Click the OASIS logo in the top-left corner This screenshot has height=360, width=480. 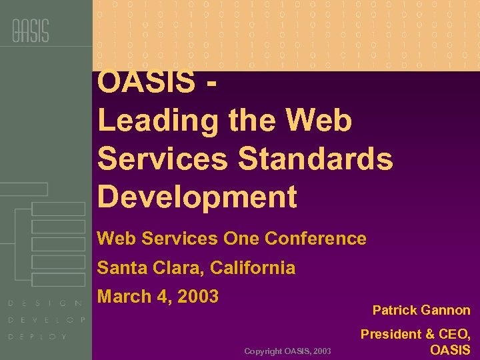(30, 30)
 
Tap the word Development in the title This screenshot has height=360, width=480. (197, 197)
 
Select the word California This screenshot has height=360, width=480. (253, 268)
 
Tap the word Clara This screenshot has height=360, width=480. (175, 268)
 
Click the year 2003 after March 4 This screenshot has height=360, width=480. (198, 297)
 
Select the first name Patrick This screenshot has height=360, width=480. (394, 311)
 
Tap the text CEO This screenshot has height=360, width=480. (453, 335)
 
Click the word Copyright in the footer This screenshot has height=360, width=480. (263, 351)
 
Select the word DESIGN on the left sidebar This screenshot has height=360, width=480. (45, 303)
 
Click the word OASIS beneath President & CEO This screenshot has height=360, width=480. (450, 350)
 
